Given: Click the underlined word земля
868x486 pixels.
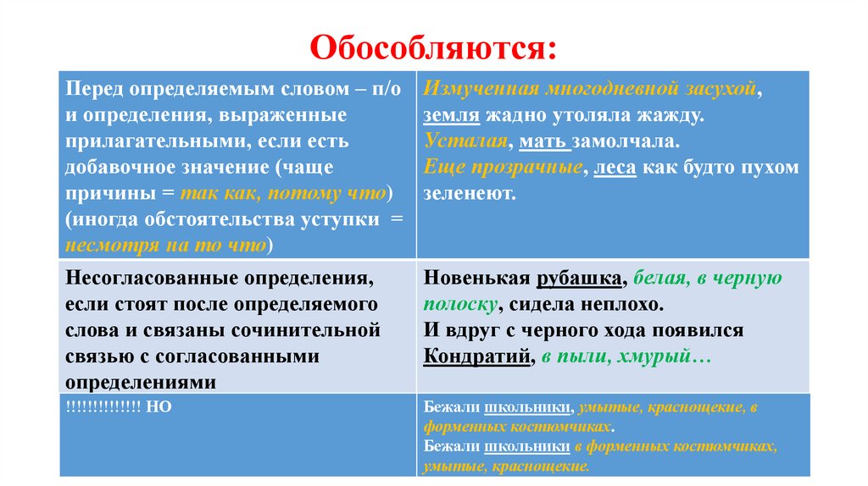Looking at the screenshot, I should pos(452,114).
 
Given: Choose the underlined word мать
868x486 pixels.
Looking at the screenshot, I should pos(538,141).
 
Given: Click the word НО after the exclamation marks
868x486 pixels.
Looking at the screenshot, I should pos(159,406).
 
